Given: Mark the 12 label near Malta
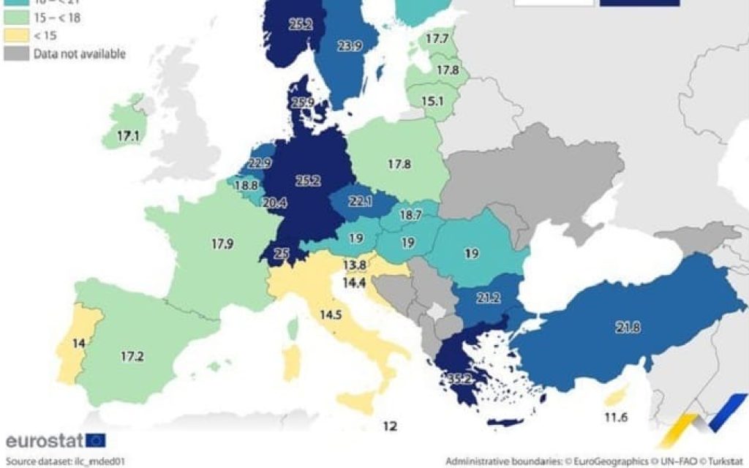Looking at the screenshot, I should [x=390, y=426].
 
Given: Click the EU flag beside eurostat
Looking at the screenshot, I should [x=96, y=440].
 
